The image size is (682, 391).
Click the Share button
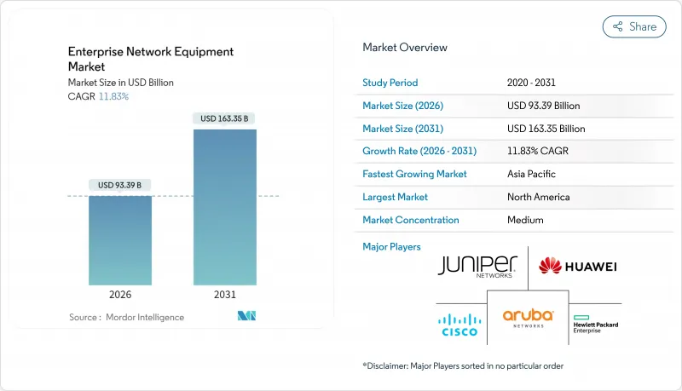634,26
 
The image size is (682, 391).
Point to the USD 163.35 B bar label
225,118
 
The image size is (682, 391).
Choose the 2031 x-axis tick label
225,295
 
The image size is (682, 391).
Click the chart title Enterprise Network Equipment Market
151,59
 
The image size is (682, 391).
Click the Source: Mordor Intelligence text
125,317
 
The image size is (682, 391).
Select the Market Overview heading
404,48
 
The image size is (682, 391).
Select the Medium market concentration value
524,220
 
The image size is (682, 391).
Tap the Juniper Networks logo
477,266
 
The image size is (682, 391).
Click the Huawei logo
577,267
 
